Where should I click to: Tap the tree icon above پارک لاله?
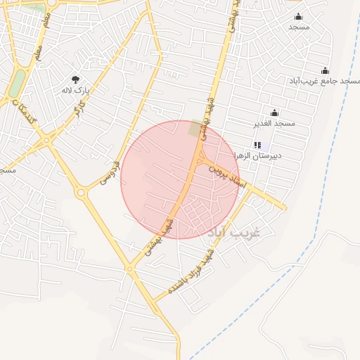tap(76, 79)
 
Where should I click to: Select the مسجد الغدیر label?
tap(274, 124)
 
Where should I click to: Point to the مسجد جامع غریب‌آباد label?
tap(324, 82)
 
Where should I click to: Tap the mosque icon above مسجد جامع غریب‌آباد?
tap(325, 70)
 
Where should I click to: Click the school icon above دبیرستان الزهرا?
tap(256, 145)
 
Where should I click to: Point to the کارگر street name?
tap(79, 110)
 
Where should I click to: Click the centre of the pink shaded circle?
tap(180, 179)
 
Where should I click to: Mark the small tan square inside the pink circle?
tap(195, 129)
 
